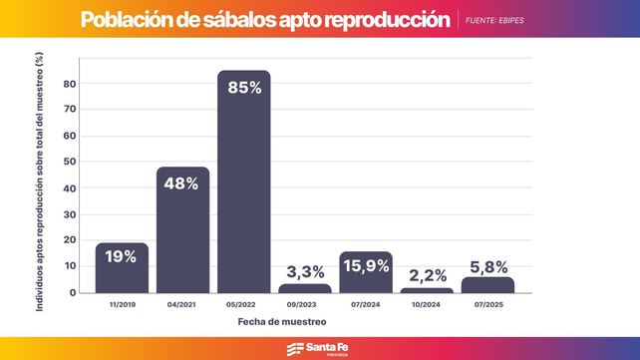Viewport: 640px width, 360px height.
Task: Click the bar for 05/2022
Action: [x=243, y=189]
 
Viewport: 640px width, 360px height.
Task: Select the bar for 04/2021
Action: [x=182, y=234]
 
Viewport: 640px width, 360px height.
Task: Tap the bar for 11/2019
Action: [x=122, y=269]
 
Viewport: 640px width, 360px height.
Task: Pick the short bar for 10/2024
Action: [x=427, y=290]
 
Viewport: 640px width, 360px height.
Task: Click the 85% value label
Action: [x=243, y=88]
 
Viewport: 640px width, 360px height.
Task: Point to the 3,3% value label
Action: [x=304, y=271]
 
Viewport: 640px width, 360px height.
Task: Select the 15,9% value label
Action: [x=366, y=265]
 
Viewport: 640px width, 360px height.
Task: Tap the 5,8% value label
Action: [x=487, y=266]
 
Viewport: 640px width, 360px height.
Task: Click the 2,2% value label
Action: [x=427, y=274]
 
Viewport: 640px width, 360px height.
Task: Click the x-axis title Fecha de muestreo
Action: [x=281, y=321]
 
